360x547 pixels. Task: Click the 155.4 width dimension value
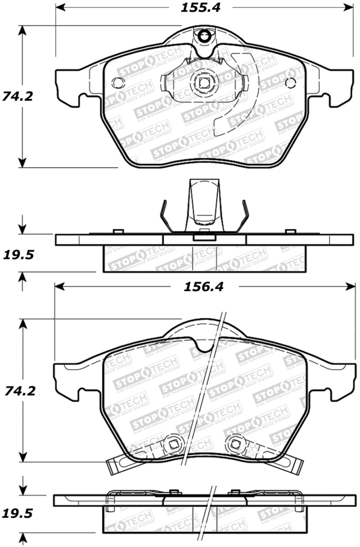(201, 8)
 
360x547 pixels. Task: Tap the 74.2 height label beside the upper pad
(18, 96)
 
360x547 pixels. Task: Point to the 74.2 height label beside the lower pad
(18, 390)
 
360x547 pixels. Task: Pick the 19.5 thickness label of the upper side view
(18, 255)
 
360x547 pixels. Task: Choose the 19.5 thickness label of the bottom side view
(18, 513)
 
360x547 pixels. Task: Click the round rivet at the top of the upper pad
(205, 35)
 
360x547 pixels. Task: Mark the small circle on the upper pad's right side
(291, 82)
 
